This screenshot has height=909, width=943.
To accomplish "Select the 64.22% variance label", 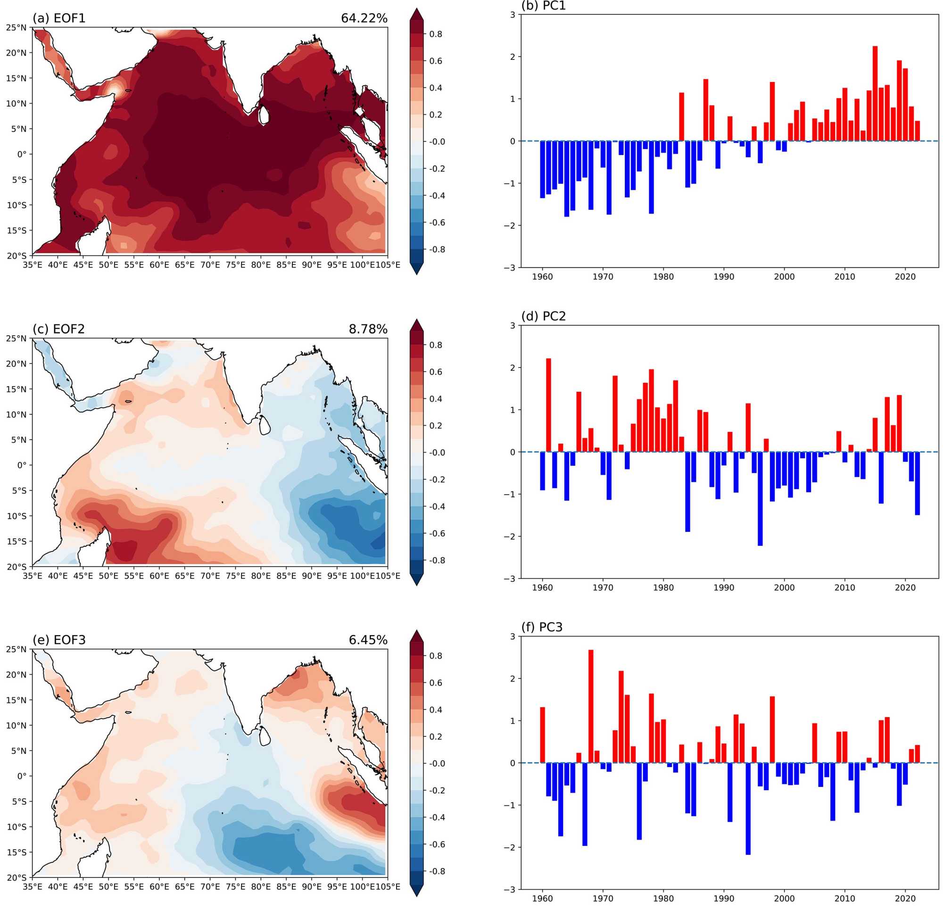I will click(x=364, y=18).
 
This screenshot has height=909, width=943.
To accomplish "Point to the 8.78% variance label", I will click(x=368, y=329).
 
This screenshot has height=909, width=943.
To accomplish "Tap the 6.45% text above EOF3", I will click(x=368, y=640).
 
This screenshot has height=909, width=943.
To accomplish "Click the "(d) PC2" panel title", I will click(x=544, y=316).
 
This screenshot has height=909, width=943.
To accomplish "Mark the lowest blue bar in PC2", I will click(x=760, y=498).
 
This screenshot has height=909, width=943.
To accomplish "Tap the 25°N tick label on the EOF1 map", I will click(x=17, y=27).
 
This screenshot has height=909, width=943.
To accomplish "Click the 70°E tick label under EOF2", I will click(x=210, y=576).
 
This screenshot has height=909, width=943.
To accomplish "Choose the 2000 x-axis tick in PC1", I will click(x=784, y=277).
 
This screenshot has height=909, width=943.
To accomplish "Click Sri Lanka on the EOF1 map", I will click(x=263, y=115).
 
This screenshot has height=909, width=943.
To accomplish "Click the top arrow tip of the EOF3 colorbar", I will click(x=416, y=631).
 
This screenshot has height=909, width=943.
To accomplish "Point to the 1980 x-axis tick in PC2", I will click(x=663, y=587).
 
